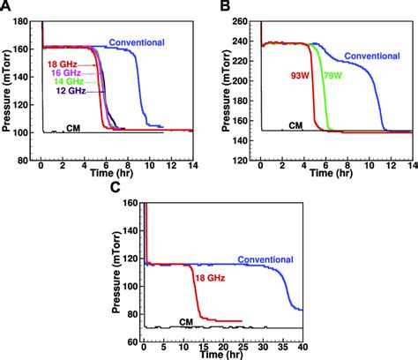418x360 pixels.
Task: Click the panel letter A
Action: click(x=6, y=7)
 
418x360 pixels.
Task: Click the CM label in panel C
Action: click(x=186, y=322)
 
